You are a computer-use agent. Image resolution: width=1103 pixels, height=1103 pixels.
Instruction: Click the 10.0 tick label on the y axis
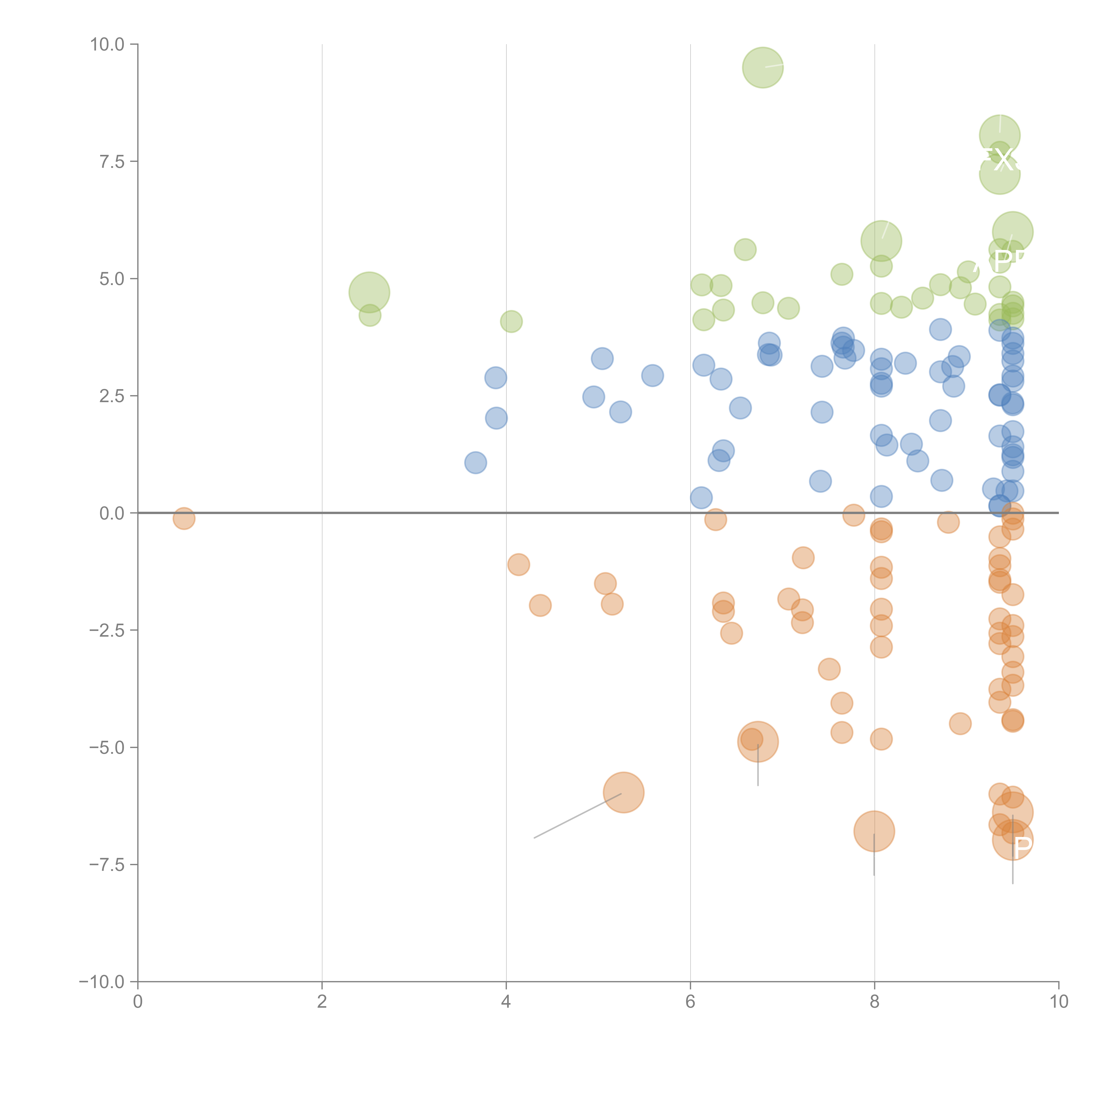tap(107, 45)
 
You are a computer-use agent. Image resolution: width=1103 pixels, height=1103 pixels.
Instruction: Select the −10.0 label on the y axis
tap(102, 982)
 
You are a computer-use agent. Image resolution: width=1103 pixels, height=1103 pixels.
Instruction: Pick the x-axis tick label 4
tap(506, 1002)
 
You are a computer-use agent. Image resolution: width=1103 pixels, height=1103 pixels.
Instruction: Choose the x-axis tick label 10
tap(1058, 1002)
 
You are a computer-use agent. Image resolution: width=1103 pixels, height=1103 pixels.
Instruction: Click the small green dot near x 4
tap(511, 321)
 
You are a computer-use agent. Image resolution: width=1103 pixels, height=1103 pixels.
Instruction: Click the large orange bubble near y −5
tap(758, 742)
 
